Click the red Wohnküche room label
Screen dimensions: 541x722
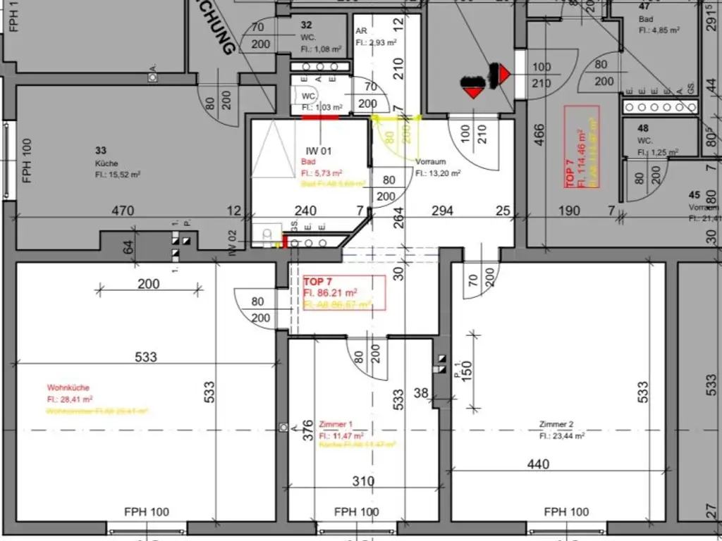pyautogui.click(x=68, y=387)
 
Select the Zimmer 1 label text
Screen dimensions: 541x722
pyautogui.click(x=336, y=425)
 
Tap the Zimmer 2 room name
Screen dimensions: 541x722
pyautogui.click(x=556, y=425)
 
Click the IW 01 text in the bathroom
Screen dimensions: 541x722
pyautogui.click(x=318, y=151)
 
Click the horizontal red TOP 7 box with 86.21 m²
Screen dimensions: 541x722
pyautogui.click(x=344, y=292)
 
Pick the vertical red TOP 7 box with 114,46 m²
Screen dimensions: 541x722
pyautogui.click(x=582, y=147)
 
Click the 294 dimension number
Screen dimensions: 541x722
pyautogui.click(x=442, y=211)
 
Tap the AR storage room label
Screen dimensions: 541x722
pyautogui.click(x=361, y=32)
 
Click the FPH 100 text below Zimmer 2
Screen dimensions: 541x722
pyautogui.click(x=566, y=512)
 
